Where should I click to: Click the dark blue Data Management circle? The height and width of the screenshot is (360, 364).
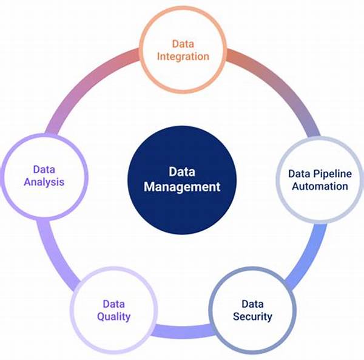(x=182, y=179)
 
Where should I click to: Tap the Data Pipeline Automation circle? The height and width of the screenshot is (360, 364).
(x=319, y=180)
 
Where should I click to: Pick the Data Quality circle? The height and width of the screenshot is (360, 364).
(x=113, y=310)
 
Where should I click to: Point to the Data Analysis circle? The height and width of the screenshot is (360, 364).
(x=45, y=175)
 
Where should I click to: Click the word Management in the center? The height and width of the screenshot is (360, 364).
(x=182, y=187)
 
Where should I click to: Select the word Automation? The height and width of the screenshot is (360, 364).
(x=320, y=186)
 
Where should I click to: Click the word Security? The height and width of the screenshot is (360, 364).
(x=252, y=316)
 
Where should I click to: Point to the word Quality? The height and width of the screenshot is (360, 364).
(x=113, y=316)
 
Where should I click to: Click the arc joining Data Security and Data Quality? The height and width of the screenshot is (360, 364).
(x=182, y=331)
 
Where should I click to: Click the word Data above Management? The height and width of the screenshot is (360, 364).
(x=182, y=172)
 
